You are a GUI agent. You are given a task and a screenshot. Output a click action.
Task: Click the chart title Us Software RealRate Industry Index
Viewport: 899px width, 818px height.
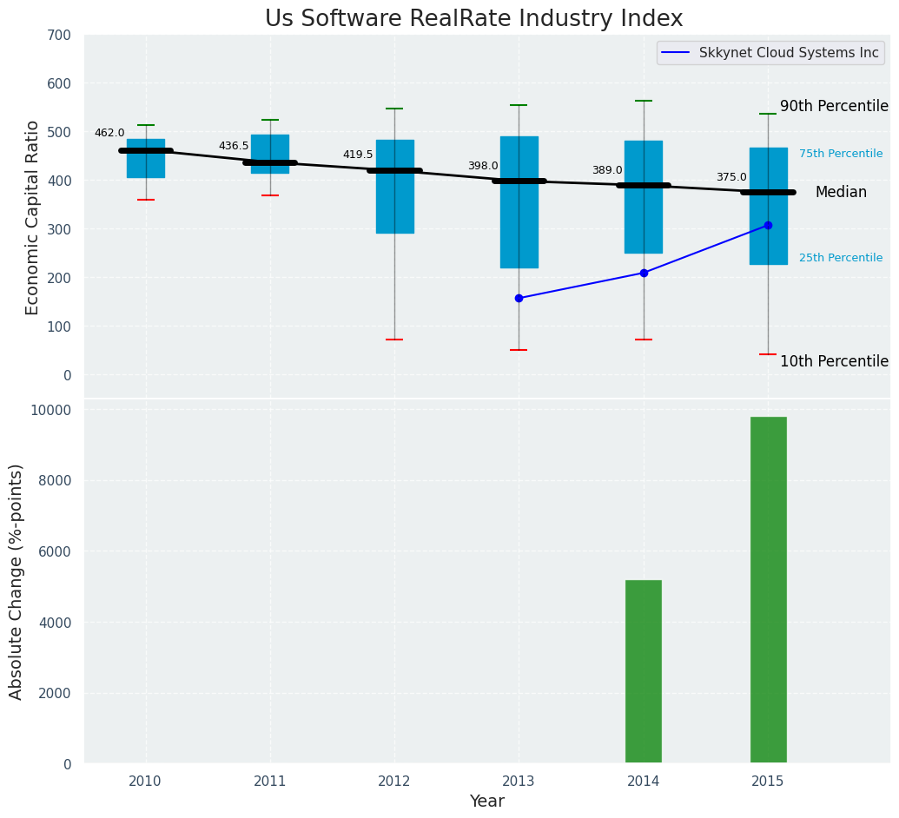coord(473,19)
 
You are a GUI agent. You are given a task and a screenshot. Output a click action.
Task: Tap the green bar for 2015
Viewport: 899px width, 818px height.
coord(768,590)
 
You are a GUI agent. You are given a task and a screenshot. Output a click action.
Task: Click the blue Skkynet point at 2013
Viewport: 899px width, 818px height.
coord(519,298)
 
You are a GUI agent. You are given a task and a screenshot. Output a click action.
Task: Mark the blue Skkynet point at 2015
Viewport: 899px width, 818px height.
coord(768,225)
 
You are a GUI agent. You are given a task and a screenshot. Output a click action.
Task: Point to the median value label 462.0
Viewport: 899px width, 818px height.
coord(109,133)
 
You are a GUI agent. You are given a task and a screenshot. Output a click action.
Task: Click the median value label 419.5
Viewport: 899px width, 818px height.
coord(358,155)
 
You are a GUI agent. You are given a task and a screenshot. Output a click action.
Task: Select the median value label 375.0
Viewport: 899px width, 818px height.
coord(731,177)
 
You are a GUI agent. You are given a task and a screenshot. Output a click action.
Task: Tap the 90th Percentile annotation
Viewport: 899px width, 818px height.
coord(834,106)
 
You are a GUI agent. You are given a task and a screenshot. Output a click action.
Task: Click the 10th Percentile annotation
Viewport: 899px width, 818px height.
coord(834,361)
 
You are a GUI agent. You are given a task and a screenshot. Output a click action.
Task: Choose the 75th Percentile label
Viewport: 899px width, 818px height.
coord(841,154)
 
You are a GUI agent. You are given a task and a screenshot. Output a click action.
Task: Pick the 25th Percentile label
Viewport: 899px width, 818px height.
coord(841,258)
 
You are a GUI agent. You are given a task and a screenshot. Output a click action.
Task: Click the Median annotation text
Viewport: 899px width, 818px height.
coord(841,192)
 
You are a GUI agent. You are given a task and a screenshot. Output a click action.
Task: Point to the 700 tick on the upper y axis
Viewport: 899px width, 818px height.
coord(64,36)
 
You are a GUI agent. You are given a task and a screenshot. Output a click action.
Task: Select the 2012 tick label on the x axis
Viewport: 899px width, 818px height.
coord(394,782)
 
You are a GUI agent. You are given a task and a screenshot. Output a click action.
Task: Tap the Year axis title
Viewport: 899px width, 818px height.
coord(487,802)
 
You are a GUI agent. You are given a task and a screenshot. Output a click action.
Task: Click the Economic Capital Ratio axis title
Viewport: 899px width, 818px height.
coord(33,217)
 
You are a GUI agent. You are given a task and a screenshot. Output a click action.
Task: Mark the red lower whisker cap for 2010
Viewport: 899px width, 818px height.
coord(146,200)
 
